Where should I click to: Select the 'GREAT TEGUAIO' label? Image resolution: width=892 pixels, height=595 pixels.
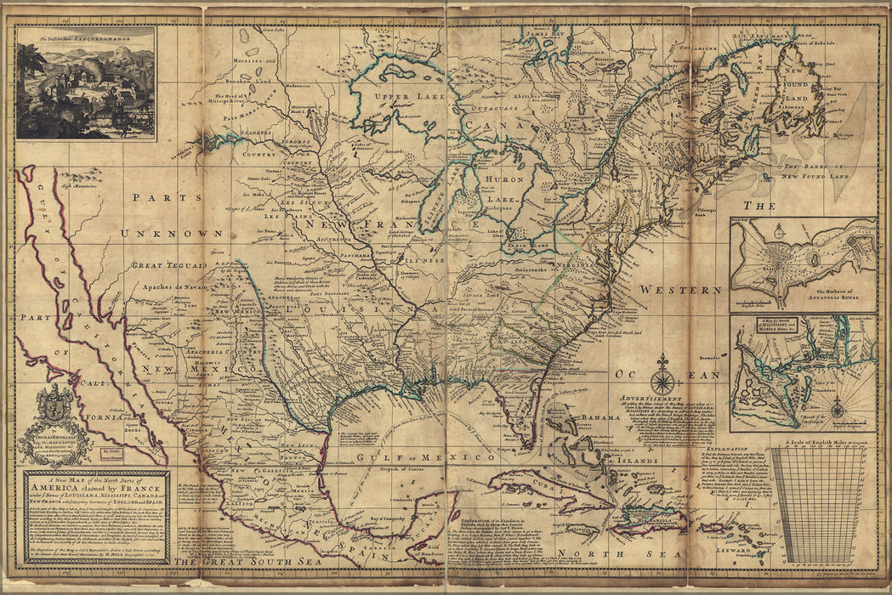pos(168,265)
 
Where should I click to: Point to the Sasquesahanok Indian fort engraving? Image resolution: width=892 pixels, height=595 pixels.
pos(85,83)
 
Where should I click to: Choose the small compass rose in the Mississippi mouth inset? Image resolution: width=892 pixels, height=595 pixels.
pos(837,410)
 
